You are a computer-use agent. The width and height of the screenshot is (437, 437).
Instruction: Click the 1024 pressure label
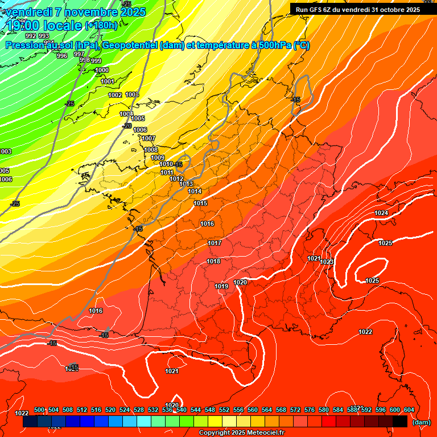click(381, 213)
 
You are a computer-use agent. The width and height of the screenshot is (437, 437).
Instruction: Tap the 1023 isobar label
click(327, 262)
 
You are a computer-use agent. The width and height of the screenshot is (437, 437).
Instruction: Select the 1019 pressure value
click(221, 286)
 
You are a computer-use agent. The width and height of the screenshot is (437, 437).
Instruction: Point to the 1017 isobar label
click(214, 243)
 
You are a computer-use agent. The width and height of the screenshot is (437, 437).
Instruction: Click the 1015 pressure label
click(200, 203)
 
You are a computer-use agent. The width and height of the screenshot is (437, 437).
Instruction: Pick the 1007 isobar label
click(149, 138)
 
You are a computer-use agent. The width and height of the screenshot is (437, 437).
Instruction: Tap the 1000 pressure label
click(102, 70)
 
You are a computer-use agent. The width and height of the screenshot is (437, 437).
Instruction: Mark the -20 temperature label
click(127, 126)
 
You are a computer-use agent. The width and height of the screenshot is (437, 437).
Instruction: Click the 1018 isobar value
click(213, 261)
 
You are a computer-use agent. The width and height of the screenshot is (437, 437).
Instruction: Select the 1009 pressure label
click(158, 158)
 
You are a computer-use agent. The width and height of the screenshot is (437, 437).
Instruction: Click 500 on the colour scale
click(39, 410)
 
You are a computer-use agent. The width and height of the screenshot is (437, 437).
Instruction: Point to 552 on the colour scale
click(224, 410)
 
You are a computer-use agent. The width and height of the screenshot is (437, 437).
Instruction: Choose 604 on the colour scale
click(409, 410)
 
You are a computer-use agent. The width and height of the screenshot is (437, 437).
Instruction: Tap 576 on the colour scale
click(310, 410)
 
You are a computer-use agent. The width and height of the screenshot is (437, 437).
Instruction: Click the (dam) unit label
click(421, 422)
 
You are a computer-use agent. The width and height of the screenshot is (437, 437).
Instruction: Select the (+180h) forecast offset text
click(101, 25)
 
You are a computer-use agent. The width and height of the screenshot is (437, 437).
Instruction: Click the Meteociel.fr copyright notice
click(241, 432)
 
